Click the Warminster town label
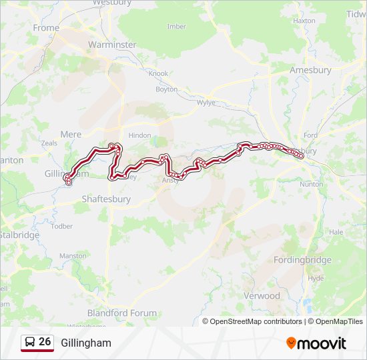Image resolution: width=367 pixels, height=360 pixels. click(112, 45)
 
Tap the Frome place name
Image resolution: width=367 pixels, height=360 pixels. click(46, 28)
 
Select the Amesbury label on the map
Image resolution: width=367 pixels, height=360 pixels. click(310, 70)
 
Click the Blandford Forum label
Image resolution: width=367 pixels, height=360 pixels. click(122, 313)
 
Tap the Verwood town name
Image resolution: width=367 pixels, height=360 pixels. click(262, 295)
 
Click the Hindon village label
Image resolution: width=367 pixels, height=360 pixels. click(139, 135)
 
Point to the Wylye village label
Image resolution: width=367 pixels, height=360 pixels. click(206, 103)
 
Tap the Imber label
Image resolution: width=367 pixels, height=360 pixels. click(176, 27)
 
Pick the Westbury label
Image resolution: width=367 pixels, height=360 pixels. click(110, 3)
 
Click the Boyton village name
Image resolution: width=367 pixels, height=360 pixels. click(166, 89)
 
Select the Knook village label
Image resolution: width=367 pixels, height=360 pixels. click(158, 73)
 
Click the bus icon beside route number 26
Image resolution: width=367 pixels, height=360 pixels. click(30, 343)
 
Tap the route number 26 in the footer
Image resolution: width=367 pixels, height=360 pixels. click(45, 342)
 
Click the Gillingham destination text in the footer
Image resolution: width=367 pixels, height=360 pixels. click(86, 343)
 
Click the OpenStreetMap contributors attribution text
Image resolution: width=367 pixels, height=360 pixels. click(256, 321)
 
